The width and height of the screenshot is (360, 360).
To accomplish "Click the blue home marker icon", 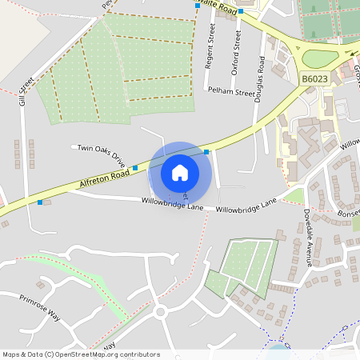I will tap(180, 172).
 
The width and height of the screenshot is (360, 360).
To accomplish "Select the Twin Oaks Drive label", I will tap(102, 154).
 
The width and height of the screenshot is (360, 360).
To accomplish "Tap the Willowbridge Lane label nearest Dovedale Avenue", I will tap(246, 203).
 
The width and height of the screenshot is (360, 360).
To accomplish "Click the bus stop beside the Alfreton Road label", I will tap(135, 168).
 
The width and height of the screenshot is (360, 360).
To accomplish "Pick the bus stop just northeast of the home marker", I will tap(206, 151).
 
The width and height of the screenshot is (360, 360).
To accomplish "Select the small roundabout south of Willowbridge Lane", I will tap(160, 311).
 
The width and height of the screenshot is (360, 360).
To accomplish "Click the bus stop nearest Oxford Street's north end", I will tap(239, 12).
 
